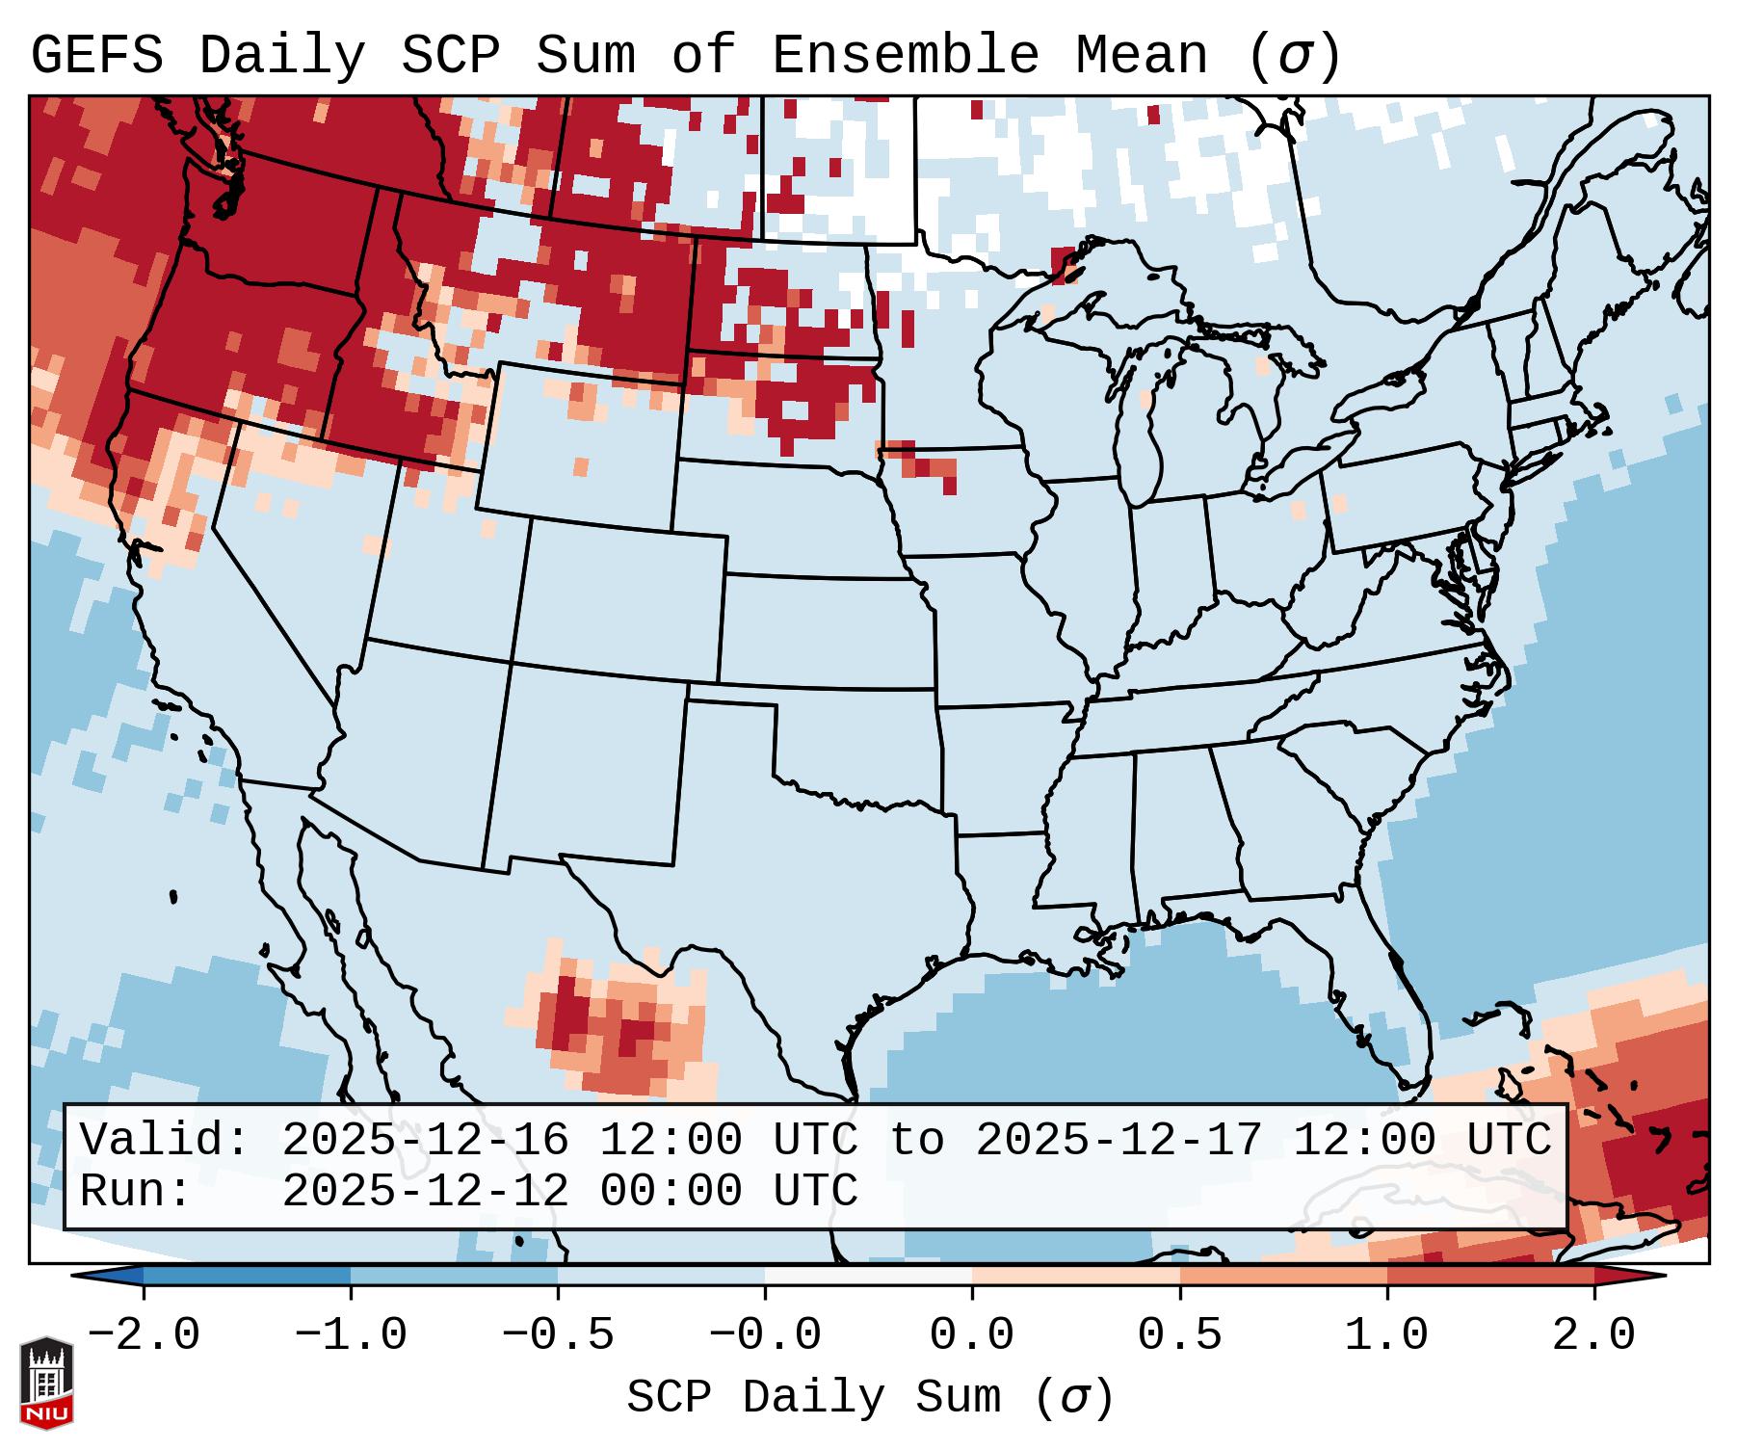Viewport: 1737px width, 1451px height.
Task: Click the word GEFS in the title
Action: coord(96,56)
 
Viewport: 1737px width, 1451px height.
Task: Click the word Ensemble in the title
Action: coord(905,56)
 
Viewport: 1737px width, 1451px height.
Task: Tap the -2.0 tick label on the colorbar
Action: coord(144,1335)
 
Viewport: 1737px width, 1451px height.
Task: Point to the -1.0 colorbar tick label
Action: coord(351,1335)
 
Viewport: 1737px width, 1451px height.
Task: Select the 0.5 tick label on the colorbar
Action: coord(1179,1335)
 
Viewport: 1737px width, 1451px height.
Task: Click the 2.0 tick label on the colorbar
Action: coord(1593,1335)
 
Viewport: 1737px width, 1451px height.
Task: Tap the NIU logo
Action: coord(46,1383)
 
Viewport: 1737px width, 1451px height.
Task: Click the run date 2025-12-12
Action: coord(426,1192)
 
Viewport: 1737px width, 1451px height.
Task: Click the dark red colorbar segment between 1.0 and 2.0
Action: coord(1489,1276)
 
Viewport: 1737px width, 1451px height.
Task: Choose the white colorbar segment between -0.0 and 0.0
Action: coord(868,1276)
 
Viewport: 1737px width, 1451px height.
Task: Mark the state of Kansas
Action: coord(824,631)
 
